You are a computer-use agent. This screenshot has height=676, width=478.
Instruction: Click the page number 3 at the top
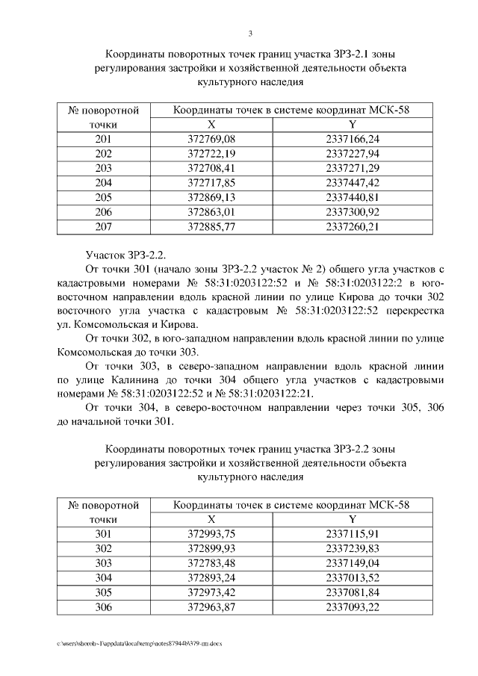point(251,34)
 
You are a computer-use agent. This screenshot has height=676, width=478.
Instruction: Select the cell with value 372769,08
point(211,140)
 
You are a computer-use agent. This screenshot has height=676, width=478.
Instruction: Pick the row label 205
point(104,198)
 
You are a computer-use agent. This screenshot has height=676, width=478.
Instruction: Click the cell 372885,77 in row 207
point(211,227)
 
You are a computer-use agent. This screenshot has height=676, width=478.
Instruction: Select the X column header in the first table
point(211,125)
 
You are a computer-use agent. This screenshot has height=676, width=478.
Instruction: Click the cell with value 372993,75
point(211,534)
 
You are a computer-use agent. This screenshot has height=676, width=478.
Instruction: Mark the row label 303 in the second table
point(104,563)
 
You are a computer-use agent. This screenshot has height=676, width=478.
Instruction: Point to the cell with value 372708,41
point(211,168)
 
